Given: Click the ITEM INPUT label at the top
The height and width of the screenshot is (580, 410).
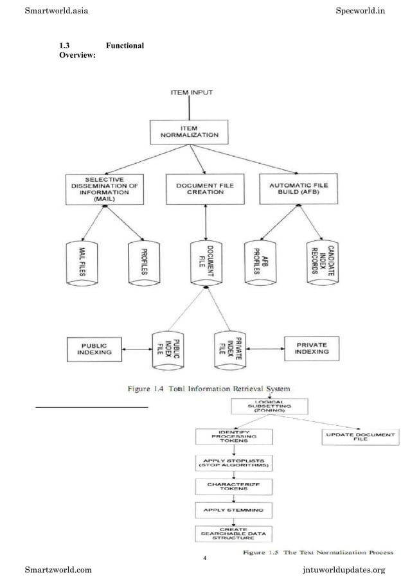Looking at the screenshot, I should (x=191, y=92).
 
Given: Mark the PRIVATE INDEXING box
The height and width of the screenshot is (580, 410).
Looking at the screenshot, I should (x=312, y=347).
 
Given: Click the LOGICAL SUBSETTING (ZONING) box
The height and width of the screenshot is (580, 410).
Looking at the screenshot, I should (x=269, y=406).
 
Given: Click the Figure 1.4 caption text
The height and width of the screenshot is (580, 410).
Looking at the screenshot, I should (x=209, y=388).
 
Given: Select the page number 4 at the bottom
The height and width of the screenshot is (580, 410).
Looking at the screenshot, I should (x=204, y=557).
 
